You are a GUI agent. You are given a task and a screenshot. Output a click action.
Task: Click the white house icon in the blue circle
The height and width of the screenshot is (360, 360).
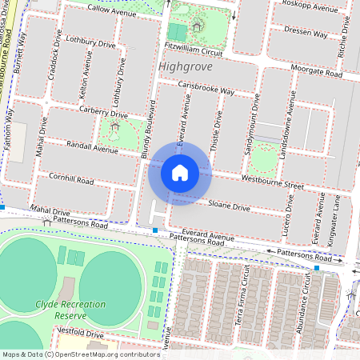click(x=180, y=173)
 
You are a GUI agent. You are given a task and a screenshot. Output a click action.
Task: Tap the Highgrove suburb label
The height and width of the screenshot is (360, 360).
click(x=186, y=66)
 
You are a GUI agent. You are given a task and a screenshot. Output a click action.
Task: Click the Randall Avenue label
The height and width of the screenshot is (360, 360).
click(x=94, y=149)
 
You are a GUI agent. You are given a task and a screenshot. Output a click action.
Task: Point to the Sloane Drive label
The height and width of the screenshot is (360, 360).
click(x=229, y=206)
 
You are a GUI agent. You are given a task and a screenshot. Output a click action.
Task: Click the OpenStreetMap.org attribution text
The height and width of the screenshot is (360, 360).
click(x=104, y=354)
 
